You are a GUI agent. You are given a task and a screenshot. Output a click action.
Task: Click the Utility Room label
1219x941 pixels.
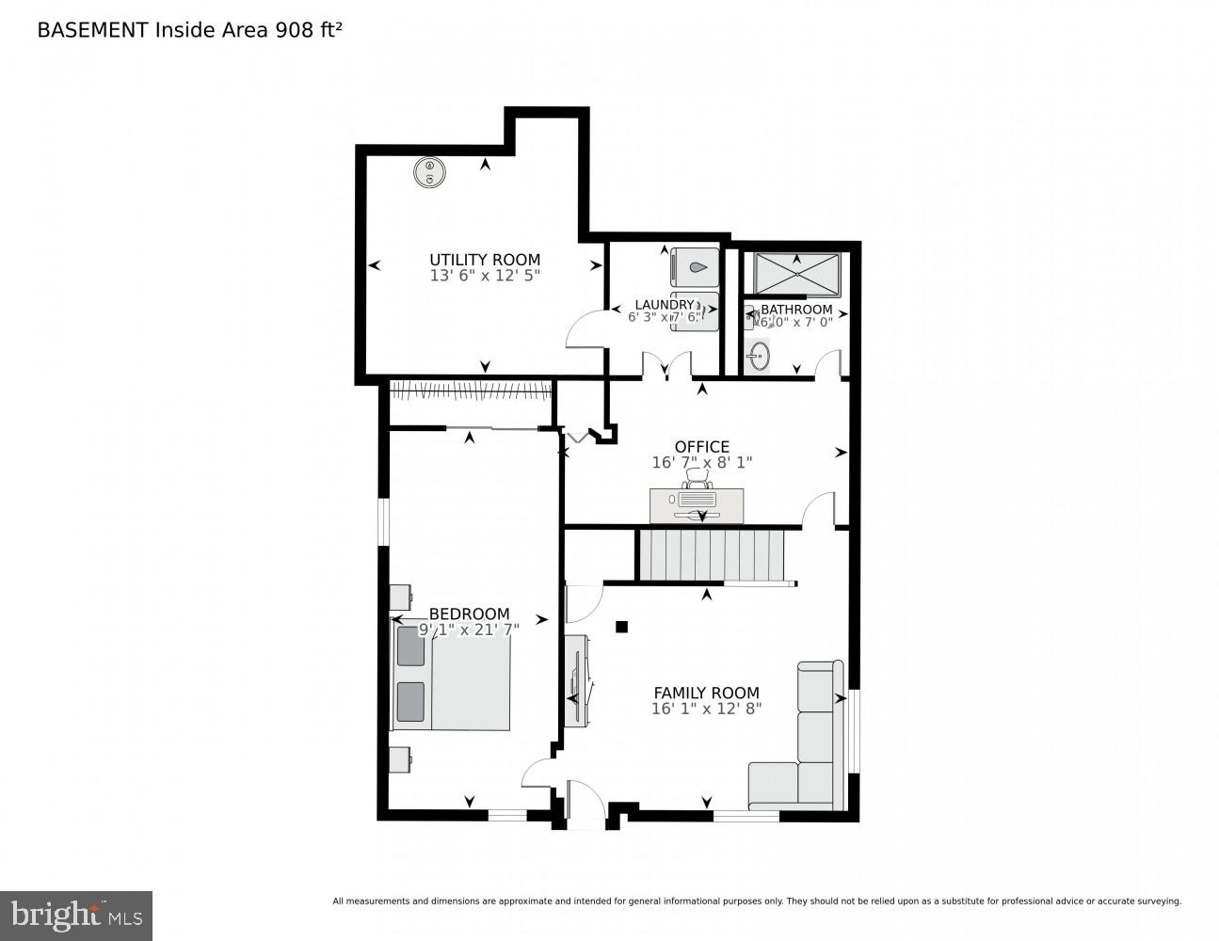click(x=485, y=260)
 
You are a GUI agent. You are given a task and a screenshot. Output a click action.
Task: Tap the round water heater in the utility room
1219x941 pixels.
click(x=429, y=172)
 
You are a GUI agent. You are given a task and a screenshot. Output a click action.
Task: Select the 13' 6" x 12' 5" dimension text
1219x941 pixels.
click(x=485, y=276)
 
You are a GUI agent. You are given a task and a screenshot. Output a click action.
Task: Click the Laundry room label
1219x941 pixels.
click(x=664, y=304)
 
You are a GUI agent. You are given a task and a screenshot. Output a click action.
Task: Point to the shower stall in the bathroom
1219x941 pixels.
click(x=796, y=274)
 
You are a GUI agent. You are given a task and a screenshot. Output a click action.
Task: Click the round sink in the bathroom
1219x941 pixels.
click(x=759, y=357)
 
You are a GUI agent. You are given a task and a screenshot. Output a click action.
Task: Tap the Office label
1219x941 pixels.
click(x=701, y=446)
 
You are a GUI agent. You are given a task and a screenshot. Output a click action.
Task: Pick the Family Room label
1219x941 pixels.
click(x=706, y=693)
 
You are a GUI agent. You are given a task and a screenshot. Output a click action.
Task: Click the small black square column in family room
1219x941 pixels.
click(x=620, y=627)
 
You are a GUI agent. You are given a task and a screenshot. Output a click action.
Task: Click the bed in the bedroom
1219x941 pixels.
click(x=452, y=674)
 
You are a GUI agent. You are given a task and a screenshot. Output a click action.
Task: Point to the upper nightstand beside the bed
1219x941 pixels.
click(x=401, y=597)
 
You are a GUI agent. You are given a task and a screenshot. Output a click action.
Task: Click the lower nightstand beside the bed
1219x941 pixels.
click(x=401, y=759)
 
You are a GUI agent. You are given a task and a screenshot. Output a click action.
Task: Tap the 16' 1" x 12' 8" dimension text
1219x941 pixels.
click(x=706, y=709)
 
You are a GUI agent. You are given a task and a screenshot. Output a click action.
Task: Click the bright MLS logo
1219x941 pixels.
click(x=76, y=915)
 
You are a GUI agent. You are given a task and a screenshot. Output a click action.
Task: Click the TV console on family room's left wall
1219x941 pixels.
click(x=575, y=680)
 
